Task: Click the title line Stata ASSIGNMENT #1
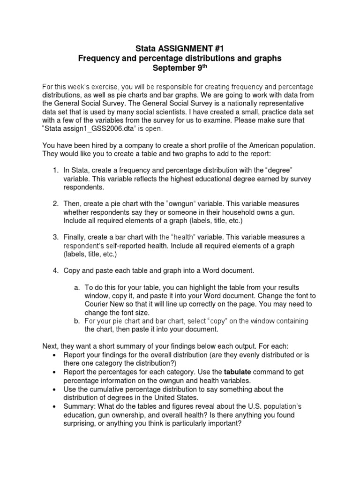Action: coord(180,48)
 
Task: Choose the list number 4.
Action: coord(55,271)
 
